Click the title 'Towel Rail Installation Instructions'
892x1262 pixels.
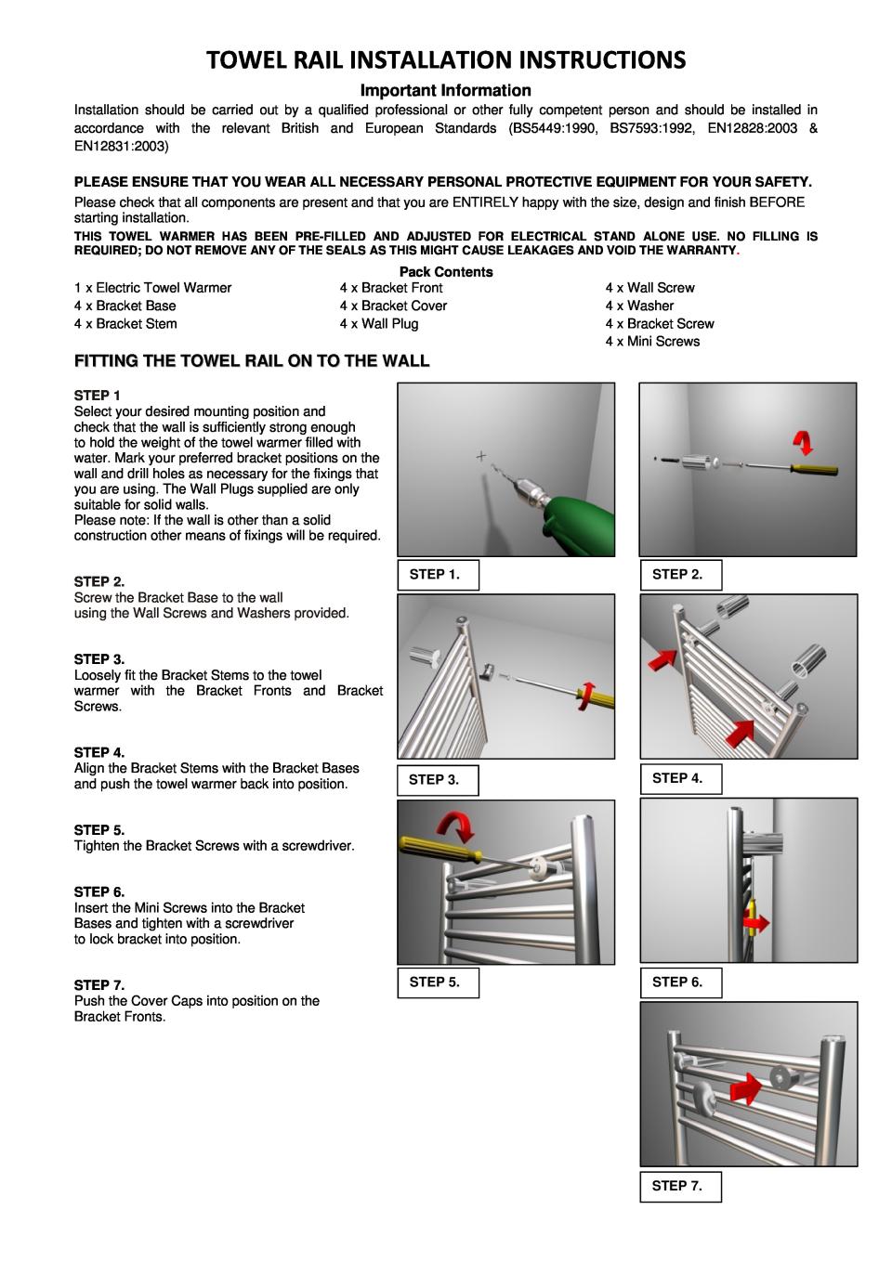click(446, 60)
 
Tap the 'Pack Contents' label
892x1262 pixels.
click(446, 272)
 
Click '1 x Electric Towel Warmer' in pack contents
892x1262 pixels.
click(152, 288)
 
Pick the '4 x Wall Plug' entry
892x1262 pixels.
click(379, 324)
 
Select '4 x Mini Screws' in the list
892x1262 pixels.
click(652, 342)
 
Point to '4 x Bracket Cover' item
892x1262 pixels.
click(393, 306)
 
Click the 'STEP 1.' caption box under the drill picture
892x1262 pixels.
click(438, 576)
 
